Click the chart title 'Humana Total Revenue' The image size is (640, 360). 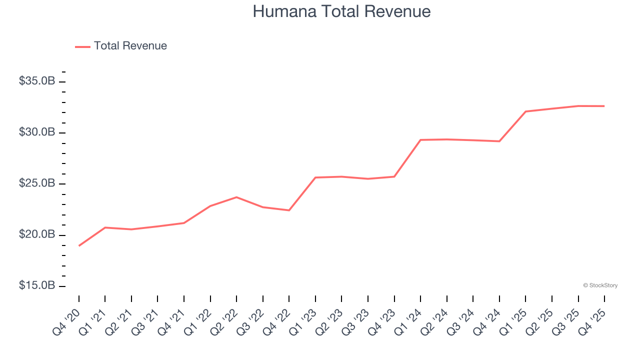[x=341, y=11]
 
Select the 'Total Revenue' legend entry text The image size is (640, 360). [x=130, y=46]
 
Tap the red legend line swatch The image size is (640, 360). [x=82, y=46]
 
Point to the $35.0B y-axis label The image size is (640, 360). [x=37, y=81]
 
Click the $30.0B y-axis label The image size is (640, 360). [x=37, y=132]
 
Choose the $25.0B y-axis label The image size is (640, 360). [x=37, y=183]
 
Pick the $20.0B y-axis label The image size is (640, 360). [x=37, y=235]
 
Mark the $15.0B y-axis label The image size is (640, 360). [x=37, y=286]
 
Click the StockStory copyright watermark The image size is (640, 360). [x=600, y=285]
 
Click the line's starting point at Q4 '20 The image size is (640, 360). [x=79, y=245]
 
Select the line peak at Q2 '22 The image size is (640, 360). [x=236, y=197]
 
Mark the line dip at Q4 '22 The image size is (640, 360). [x=289, y=210]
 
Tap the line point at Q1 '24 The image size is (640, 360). [x=420, y=140]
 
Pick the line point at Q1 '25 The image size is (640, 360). [x=525, y=111]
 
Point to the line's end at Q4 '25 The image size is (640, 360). [x=604, y=106]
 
